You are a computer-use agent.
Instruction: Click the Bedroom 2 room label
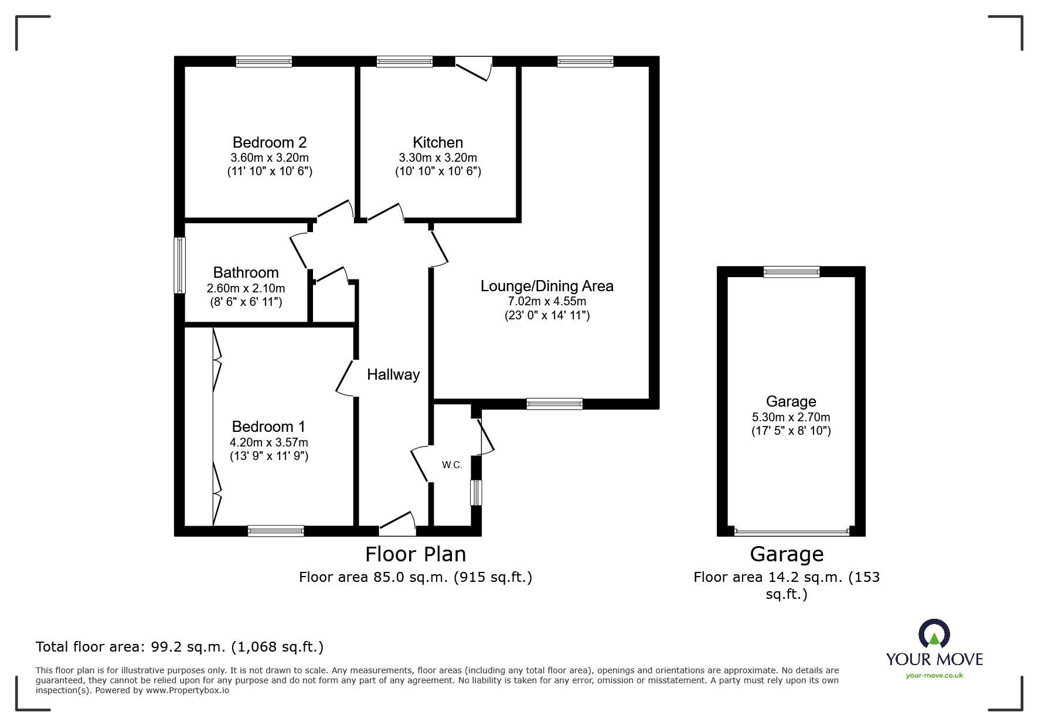click(x=270, y=142)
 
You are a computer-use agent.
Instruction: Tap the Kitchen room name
click(x=438, y=142)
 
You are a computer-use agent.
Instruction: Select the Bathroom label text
click(x=246, y=272)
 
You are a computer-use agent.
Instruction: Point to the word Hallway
click(x=393, y=375)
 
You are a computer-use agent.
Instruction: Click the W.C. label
click(x=452, y=465)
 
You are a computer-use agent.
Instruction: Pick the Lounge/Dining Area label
click(x=547, y=286)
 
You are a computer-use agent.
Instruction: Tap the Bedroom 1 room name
click(x=268, y=427)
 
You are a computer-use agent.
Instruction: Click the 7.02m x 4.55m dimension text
click(x=547, y=301)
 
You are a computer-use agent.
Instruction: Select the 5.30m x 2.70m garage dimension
click(x=791, y=417)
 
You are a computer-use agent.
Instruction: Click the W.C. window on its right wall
click(x=477, y=493)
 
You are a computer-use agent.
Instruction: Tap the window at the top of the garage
click(x=791, y=271)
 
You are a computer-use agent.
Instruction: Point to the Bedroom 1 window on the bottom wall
click(x=276, y=531)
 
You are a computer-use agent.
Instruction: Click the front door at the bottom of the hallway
click(x=397, y=524)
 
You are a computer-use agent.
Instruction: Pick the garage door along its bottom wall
click(x=791, y=532)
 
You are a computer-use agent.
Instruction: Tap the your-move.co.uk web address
click(x=934, y=675)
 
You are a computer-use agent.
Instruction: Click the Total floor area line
click(x=179, y=647)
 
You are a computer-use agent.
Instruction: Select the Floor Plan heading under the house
click(x=416, y=554)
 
